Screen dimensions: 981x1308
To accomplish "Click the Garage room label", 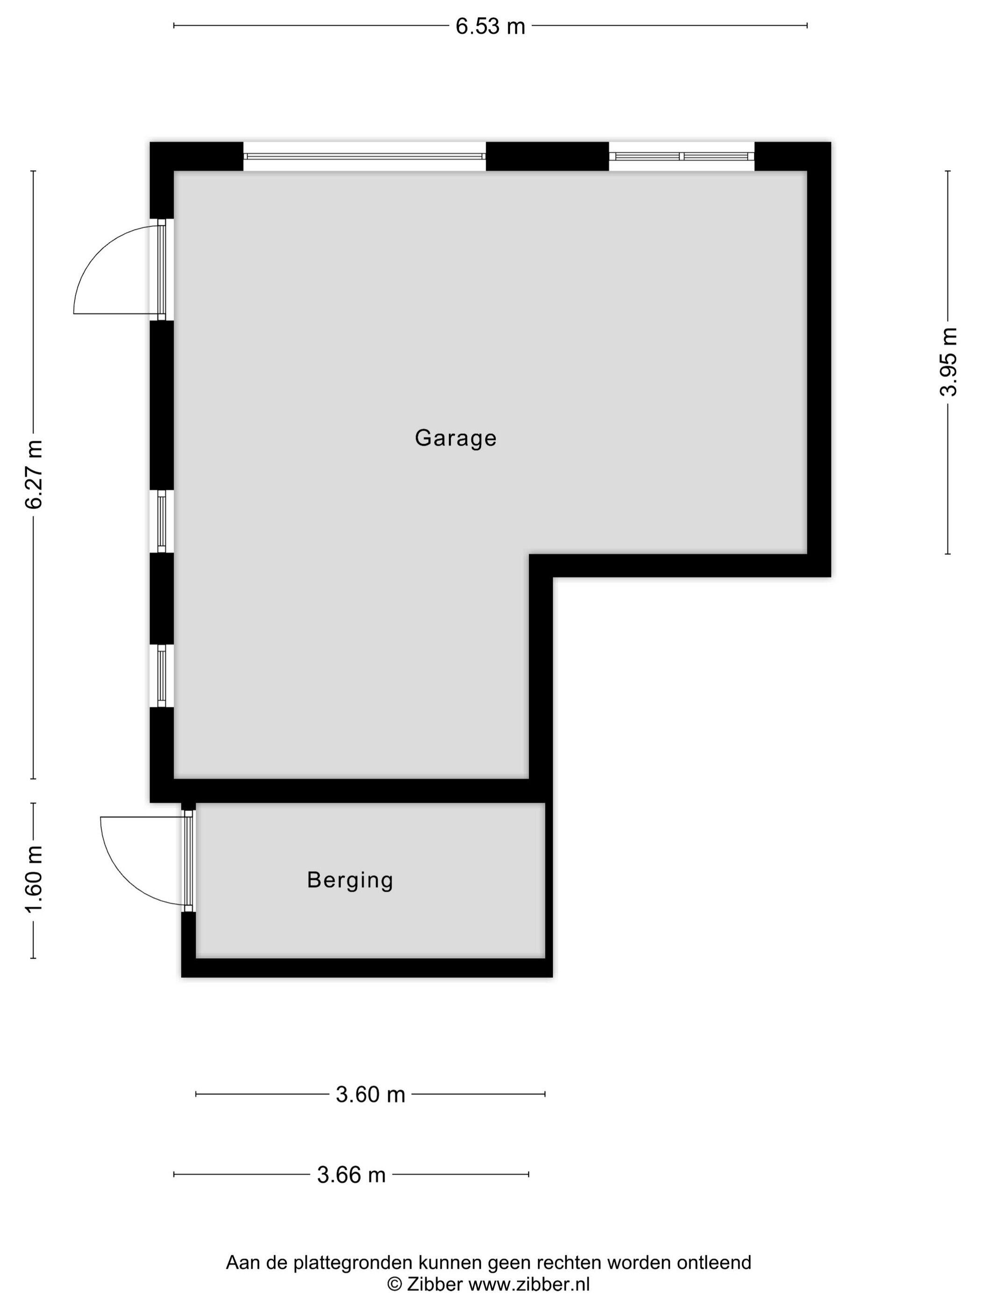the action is (x=455, y=438).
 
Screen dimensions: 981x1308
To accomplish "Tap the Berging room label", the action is (x=350, y=881).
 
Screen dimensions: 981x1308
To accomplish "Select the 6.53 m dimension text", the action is (x=490, y=27).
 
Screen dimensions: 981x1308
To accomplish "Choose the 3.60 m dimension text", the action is (x=370, y=1095).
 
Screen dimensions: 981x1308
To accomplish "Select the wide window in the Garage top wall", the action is (x=365, y=156).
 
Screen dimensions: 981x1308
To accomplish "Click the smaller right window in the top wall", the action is (x=682, y=156).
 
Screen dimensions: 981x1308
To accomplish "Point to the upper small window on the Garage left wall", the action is (x=162, y=521).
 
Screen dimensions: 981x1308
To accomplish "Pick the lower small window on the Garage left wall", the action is (x=162, y=676).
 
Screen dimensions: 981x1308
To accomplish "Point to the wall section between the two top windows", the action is (x=547, y=156).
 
